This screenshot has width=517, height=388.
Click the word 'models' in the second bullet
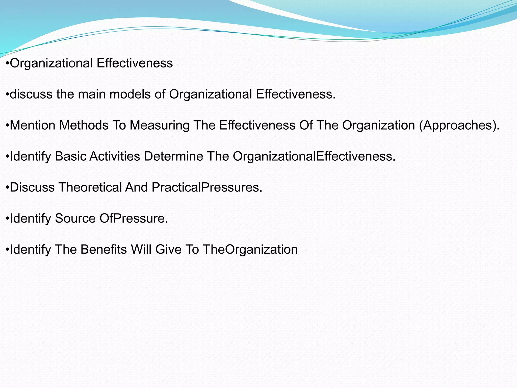[130, 94]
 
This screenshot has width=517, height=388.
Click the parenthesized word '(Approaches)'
[459, 125]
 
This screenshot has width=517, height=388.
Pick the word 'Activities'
[115, 156]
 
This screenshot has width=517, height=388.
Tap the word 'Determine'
[173, 156]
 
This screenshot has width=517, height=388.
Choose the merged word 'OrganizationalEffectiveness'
[314, 156]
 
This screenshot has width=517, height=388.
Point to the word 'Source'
[75, 219]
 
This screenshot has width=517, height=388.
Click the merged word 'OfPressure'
[134, 219]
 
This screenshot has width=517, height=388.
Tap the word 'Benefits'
[104, 250]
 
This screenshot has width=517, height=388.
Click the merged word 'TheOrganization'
[250, 250]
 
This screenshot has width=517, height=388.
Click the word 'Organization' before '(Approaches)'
[379, 125]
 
